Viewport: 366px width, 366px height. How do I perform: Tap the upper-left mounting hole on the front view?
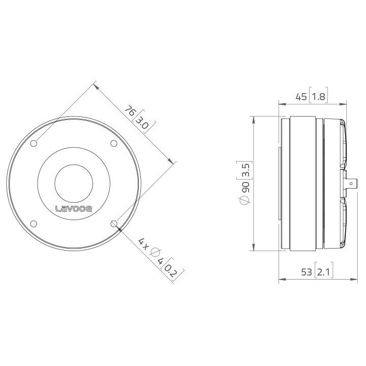(34, 144)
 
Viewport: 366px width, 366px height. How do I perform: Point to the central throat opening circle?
(73, 183)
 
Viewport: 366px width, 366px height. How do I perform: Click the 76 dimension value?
(131, 111)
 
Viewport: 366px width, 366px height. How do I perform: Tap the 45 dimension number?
(301, 97)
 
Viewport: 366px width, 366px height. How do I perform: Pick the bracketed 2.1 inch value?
(323, 272)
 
